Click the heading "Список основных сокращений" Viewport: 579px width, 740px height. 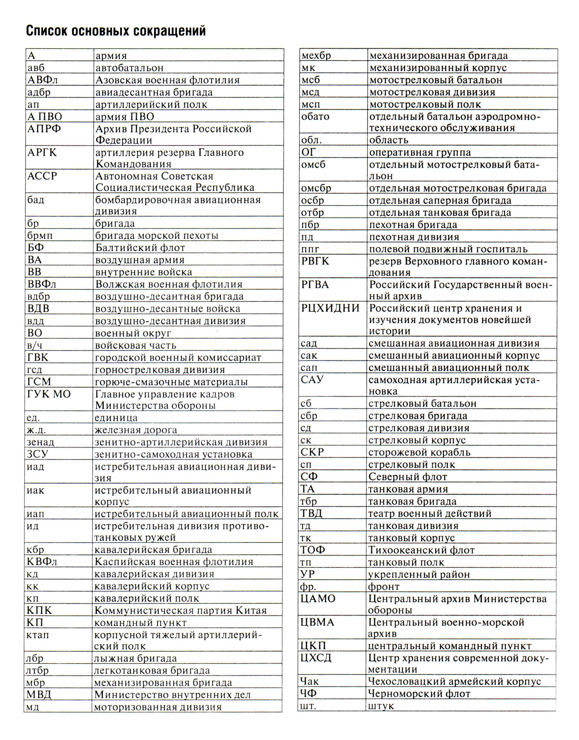[x=116, y=30]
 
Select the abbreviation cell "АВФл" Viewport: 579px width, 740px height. [x=42, y=80]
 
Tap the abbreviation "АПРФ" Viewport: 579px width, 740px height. [x=44, y=129]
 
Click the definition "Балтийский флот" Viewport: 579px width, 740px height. [x=140, y=248]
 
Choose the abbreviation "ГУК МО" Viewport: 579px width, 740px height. [x=49, y=394]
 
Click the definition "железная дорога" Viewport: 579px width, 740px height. [x=136, y=430]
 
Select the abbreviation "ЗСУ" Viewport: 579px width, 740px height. [x=37, y=454]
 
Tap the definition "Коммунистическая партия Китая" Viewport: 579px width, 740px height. [x=181, y=611]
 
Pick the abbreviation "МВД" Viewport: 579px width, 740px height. [x=39, y=695]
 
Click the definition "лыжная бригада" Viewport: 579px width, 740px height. [x=135, y=659]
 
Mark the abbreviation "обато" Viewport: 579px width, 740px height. [x=315, y=117]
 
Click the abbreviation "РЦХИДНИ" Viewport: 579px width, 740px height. [x=330, y=308]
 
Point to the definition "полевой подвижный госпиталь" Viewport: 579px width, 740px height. [x=448, y=249]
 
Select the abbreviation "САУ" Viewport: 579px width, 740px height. [x=312, y=380]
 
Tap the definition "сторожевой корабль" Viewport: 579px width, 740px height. [x=419, y=452]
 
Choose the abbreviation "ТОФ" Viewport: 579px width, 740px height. [x=313, y=550]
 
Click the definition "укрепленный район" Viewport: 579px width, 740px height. [x=419, y=574]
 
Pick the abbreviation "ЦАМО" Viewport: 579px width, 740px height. [x=318, y=599]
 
